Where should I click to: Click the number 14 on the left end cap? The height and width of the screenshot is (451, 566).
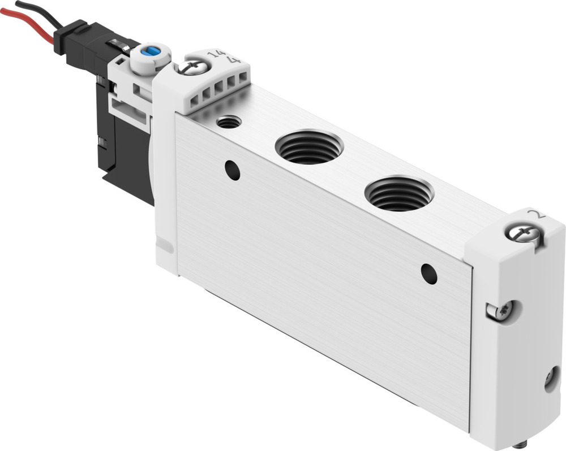(216, 54)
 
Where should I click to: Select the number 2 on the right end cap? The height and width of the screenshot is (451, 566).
(537, 214)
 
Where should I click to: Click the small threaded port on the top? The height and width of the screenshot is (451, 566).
(229, 122)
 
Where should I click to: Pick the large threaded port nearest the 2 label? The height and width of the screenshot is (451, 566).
(399, 193)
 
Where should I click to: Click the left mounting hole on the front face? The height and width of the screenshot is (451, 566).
(232, 170)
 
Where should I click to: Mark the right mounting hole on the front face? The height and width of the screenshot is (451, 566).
(429, 274)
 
